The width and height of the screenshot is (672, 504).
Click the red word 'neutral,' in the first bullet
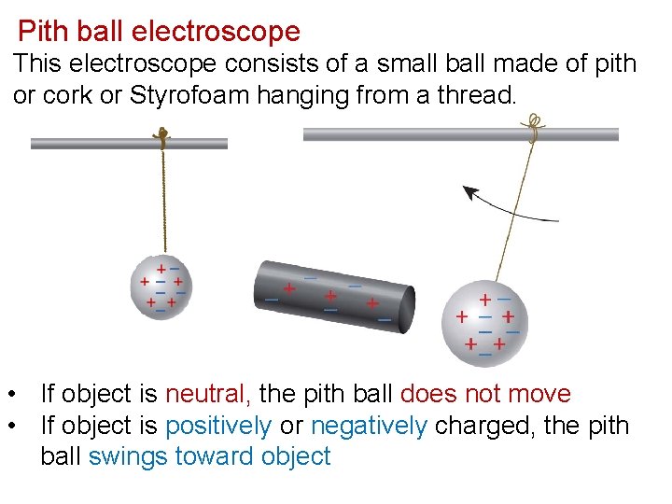(x=208, y=395)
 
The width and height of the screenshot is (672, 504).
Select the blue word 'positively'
(x=217, y=427)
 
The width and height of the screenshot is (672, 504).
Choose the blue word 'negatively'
(x=369, y=427)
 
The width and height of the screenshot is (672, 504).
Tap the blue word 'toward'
(x=205, y=457)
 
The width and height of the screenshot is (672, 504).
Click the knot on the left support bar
(x=162, y=137)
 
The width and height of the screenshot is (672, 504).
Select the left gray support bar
(x=93, y=144)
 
